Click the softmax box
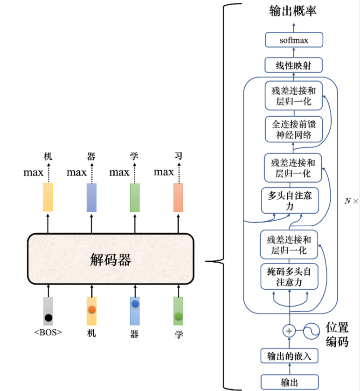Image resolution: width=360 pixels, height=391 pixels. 294,40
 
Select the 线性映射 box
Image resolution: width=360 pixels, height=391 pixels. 294,65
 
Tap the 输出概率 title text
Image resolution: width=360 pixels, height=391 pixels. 293,10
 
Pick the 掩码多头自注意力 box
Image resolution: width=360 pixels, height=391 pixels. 289,276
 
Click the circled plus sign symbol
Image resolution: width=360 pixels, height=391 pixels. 289,331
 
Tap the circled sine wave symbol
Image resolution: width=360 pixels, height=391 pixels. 310,331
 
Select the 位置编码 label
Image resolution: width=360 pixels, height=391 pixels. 337,334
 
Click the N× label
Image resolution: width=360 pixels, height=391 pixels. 351,201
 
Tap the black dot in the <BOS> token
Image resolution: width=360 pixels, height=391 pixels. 48,318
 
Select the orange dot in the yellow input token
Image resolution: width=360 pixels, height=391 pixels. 91,309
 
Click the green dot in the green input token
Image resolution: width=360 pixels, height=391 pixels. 178,316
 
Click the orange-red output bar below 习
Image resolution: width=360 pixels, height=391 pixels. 178,197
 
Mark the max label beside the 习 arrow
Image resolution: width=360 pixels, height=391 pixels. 164,173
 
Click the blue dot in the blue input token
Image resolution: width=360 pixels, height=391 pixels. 135,304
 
